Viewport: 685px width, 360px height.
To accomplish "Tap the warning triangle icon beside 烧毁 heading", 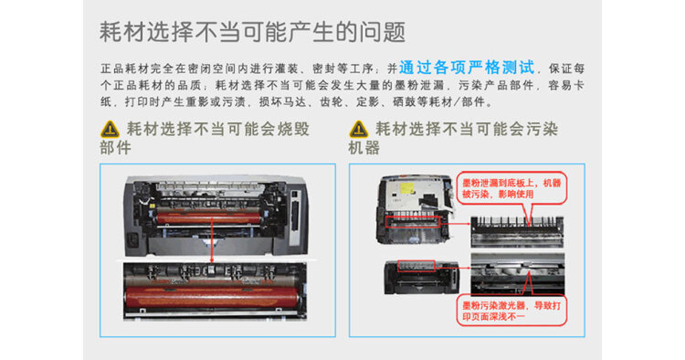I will [110, 129].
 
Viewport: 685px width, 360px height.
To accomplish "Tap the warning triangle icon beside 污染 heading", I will [359, 129].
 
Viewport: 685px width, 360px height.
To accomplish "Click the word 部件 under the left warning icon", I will [118, 147].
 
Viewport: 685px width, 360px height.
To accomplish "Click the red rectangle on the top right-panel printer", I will [416, 221].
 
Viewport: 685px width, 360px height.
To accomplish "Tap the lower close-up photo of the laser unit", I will [516, 271].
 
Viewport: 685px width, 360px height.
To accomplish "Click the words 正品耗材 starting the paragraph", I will [123, 68].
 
